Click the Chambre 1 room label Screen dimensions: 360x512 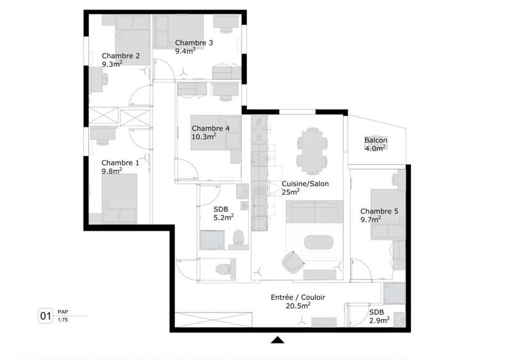click(120, 163)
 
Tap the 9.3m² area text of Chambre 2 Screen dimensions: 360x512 click(112, 64)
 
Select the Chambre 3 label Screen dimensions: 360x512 click(194, 43)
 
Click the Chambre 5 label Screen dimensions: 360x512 click(379, 211)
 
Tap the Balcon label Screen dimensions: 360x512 click(376, 140)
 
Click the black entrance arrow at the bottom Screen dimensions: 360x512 click(277, 340)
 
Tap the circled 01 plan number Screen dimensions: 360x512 click(46, 315)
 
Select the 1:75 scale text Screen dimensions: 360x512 click(63, 320)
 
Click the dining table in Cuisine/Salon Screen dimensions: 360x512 click(312, 149)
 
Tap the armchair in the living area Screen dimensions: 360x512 click(294, 260)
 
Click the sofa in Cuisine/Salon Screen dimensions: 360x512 click(314, 211)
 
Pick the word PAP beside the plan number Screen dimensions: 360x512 click(63, 311)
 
